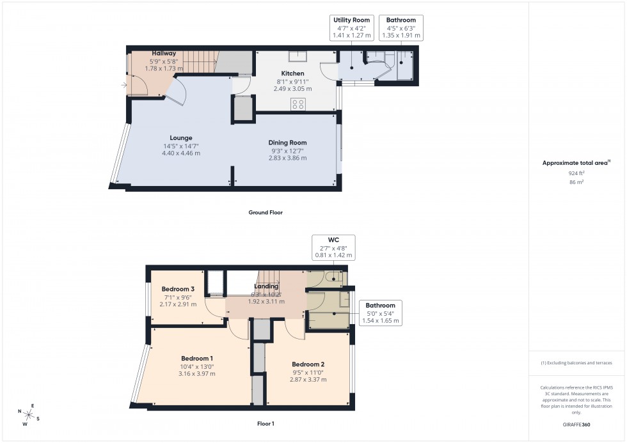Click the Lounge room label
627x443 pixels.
[x=181, y=137]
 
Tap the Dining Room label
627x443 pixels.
[x=288, y=143]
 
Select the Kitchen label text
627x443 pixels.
[x=294, y=74]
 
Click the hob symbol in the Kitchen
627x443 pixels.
[x=298, y=104]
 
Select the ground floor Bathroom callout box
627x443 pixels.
[x=401, y=28]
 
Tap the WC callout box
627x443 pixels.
[x=333, y=247]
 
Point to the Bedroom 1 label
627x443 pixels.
[x=197, y=358]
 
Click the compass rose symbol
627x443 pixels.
[x=29, y=415]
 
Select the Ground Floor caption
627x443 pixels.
[x=265, y=212]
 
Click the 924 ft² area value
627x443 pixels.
[x=576, y=173]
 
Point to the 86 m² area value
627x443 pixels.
[x=576, y=182]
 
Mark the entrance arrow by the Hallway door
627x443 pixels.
[x=123, y=84]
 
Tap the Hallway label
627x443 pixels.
[x=164, y=53]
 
